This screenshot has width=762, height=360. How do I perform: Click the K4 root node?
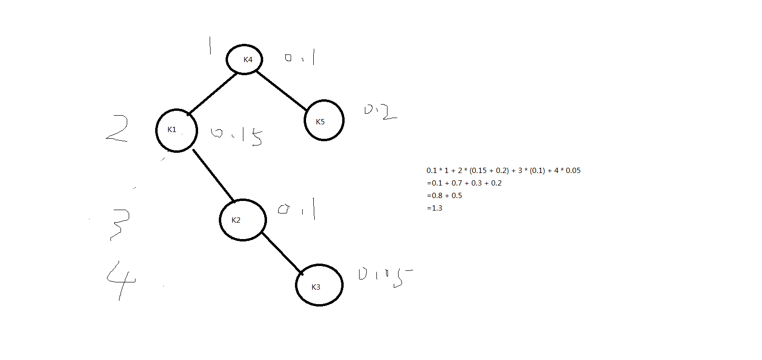245,59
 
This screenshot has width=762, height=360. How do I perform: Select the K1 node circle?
176,130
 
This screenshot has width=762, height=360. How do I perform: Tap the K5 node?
324,120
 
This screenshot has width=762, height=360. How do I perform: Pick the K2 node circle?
242,220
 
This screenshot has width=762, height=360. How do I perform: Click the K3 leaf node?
319,285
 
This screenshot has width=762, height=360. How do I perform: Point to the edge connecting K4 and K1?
212,93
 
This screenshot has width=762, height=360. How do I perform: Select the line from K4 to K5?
281,90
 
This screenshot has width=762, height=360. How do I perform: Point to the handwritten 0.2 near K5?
380,112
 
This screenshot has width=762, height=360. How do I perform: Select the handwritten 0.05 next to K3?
385,276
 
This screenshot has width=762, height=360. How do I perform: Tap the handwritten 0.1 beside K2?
297,209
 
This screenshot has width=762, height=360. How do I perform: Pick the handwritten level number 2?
117,129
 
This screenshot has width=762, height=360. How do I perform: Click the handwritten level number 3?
119,224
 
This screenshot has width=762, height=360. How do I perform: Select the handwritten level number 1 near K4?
210,46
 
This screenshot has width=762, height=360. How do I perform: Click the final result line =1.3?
434,208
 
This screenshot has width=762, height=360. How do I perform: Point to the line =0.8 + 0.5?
444,196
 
